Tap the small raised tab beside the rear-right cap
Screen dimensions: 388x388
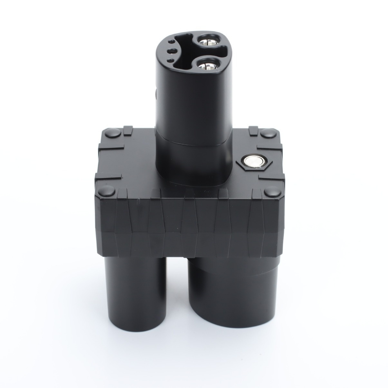pos(253,130)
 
